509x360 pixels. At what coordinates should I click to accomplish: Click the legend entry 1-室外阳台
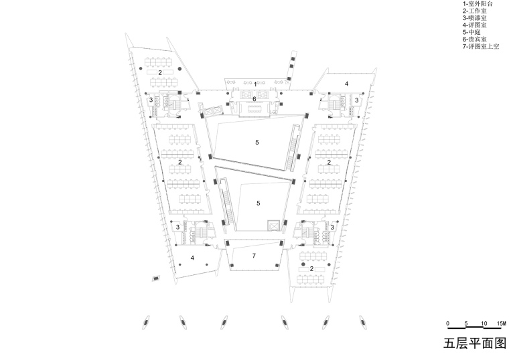(477, 4)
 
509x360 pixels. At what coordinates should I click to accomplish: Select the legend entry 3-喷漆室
(475, 18)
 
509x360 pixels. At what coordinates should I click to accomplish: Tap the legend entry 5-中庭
(471, 32)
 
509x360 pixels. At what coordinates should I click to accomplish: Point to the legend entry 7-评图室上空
(481, 46)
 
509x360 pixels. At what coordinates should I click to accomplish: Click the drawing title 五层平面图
(475, 343)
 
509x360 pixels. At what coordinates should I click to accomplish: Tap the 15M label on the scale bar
(502, 323)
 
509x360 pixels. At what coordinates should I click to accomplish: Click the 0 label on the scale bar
(448, 323)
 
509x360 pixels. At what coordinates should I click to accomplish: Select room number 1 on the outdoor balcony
(255, 85)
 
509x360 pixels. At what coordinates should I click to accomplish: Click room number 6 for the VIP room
(254, 98)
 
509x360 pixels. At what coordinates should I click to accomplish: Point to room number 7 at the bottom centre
(254, 256)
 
